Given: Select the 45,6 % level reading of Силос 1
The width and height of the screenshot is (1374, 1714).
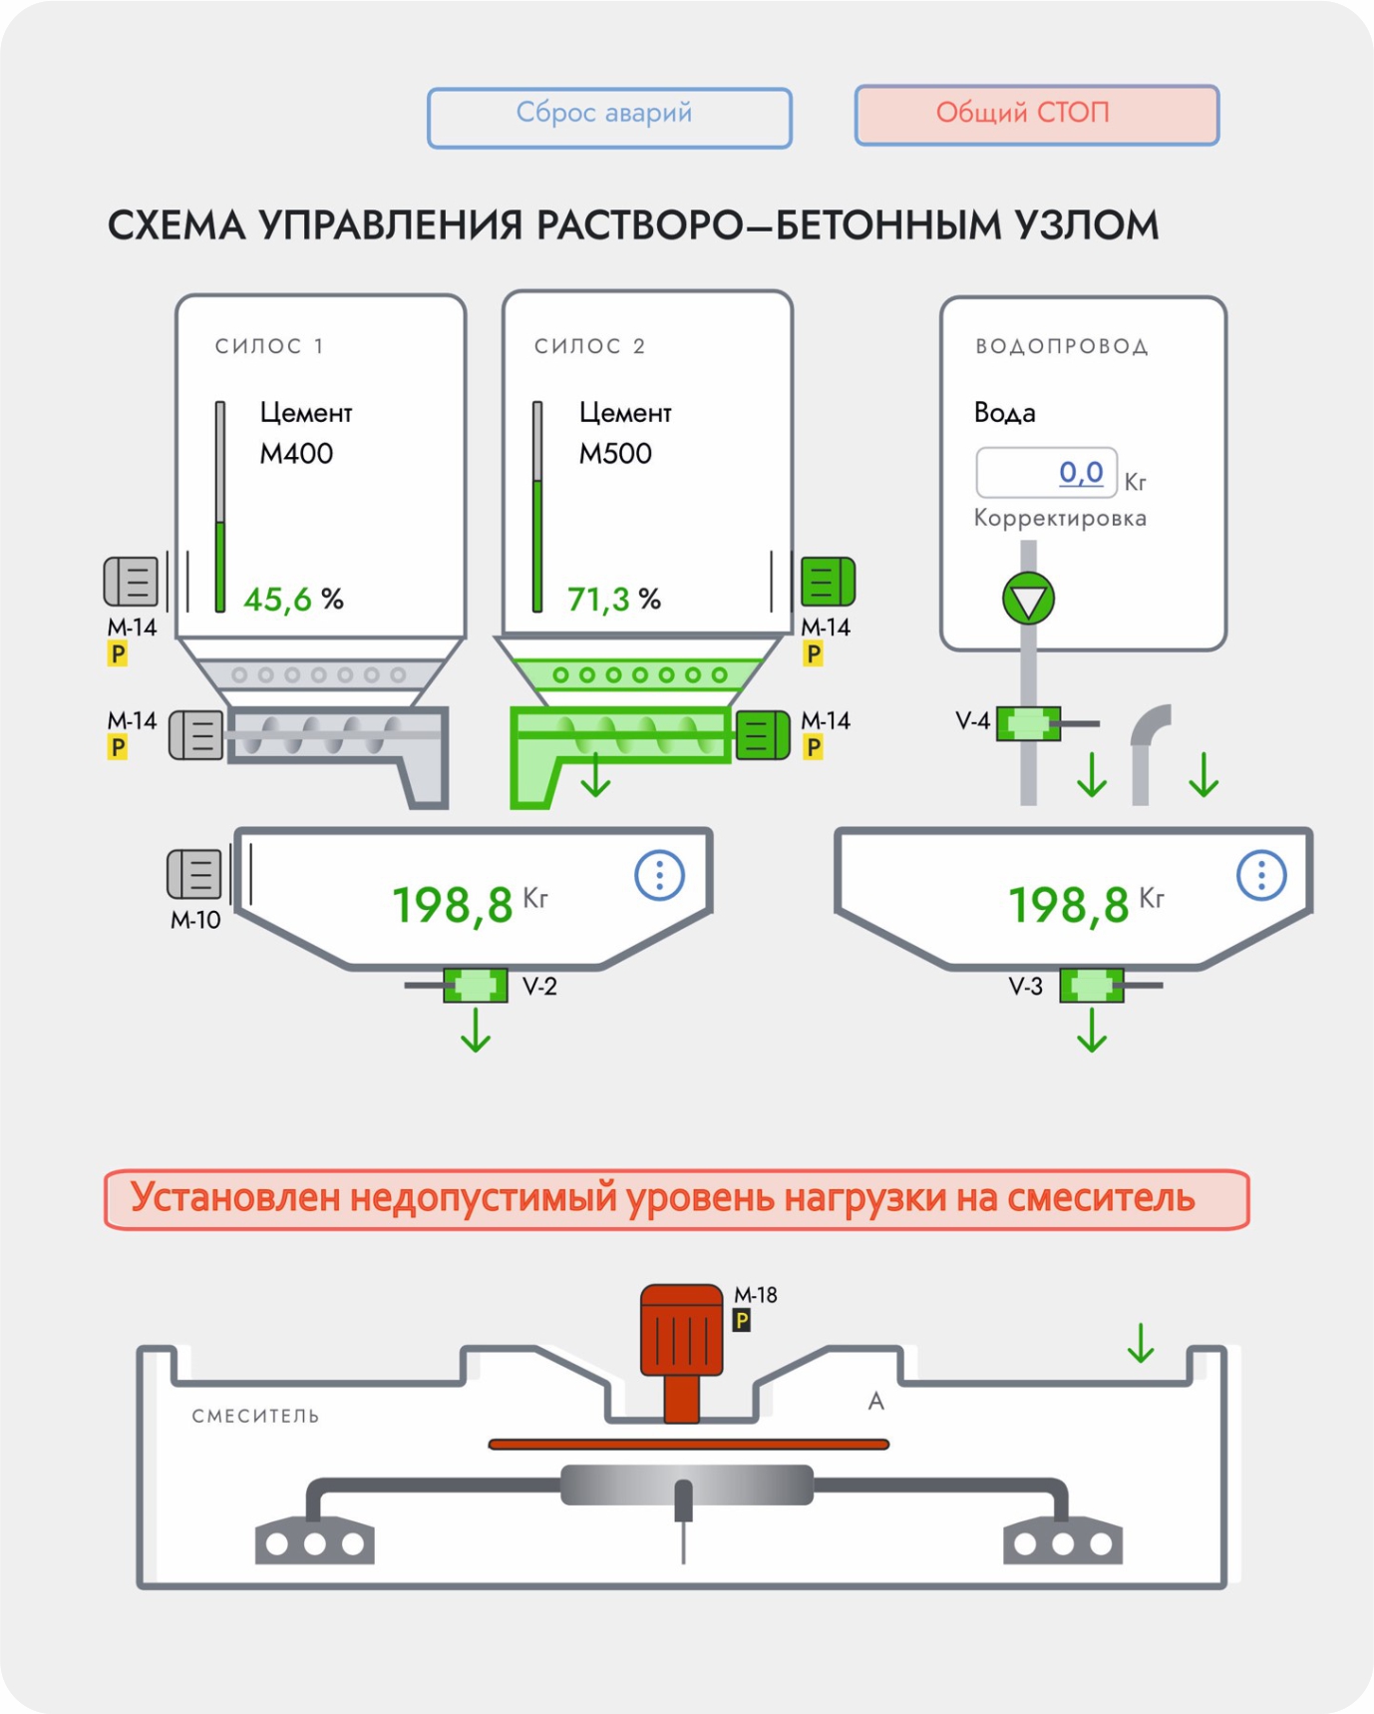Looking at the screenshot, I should coord(293,599).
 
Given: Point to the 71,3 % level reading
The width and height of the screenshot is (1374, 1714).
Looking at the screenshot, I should coord(613,599).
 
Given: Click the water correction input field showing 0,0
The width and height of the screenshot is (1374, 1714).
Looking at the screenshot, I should coord(1045,473).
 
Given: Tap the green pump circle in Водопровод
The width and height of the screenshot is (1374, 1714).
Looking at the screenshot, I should coord(1028,600).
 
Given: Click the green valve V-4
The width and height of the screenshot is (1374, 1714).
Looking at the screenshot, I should coord(1028,723).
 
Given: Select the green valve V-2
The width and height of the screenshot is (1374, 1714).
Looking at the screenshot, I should coord(476,986).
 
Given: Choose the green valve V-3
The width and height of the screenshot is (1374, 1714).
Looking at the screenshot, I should coord(1092,986).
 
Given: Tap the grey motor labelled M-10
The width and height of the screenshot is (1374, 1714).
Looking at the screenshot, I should coord(194,874).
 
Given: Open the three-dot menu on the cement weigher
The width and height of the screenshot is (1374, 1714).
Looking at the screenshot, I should coord(659,875).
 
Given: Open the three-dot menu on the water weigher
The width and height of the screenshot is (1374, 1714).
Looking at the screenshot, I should coord(1261,875).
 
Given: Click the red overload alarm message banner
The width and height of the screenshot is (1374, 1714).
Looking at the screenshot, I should coord(676,1198).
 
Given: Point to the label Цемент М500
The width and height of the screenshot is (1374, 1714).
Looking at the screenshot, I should coord(624,433).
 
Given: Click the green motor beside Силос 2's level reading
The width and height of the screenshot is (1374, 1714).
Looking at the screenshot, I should coord(828,582).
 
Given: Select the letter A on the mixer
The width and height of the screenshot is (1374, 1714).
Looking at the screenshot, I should coord(875,1402).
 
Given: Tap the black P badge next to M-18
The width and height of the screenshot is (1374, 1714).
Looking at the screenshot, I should coord(741,1321).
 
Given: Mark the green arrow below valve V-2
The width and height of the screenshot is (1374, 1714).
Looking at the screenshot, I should coord(476,1031).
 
